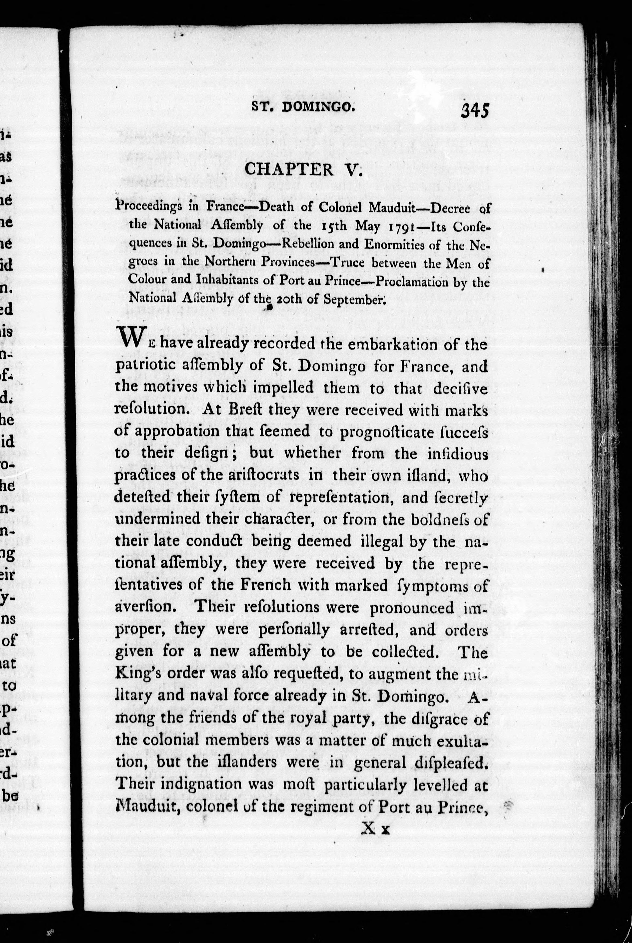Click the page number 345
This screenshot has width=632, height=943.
pos(475,110)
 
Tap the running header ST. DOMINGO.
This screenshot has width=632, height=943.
pos(303,106)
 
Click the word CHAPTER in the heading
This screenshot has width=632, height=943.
pos(289,169)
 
